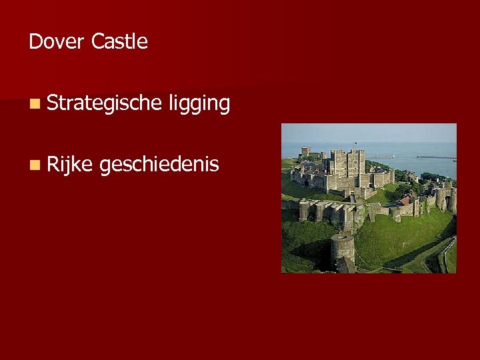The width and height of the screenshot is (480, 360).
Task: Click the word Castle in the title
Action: click(x=119, y=42)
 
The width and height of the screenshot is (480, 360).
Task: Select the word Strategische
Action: click(x=105, y=103)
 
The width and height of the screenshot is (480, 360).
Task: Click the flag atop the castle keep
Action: click(x=356, y=143)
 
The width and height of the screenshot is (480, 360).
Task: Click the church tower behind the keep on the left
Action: click(x=306, y=151)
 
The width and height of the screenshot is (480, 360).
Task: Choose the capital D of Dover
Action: click(x=35, y=42)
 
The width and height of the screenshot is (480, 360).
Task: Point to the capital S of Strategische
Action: click(x=53, y=103)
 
